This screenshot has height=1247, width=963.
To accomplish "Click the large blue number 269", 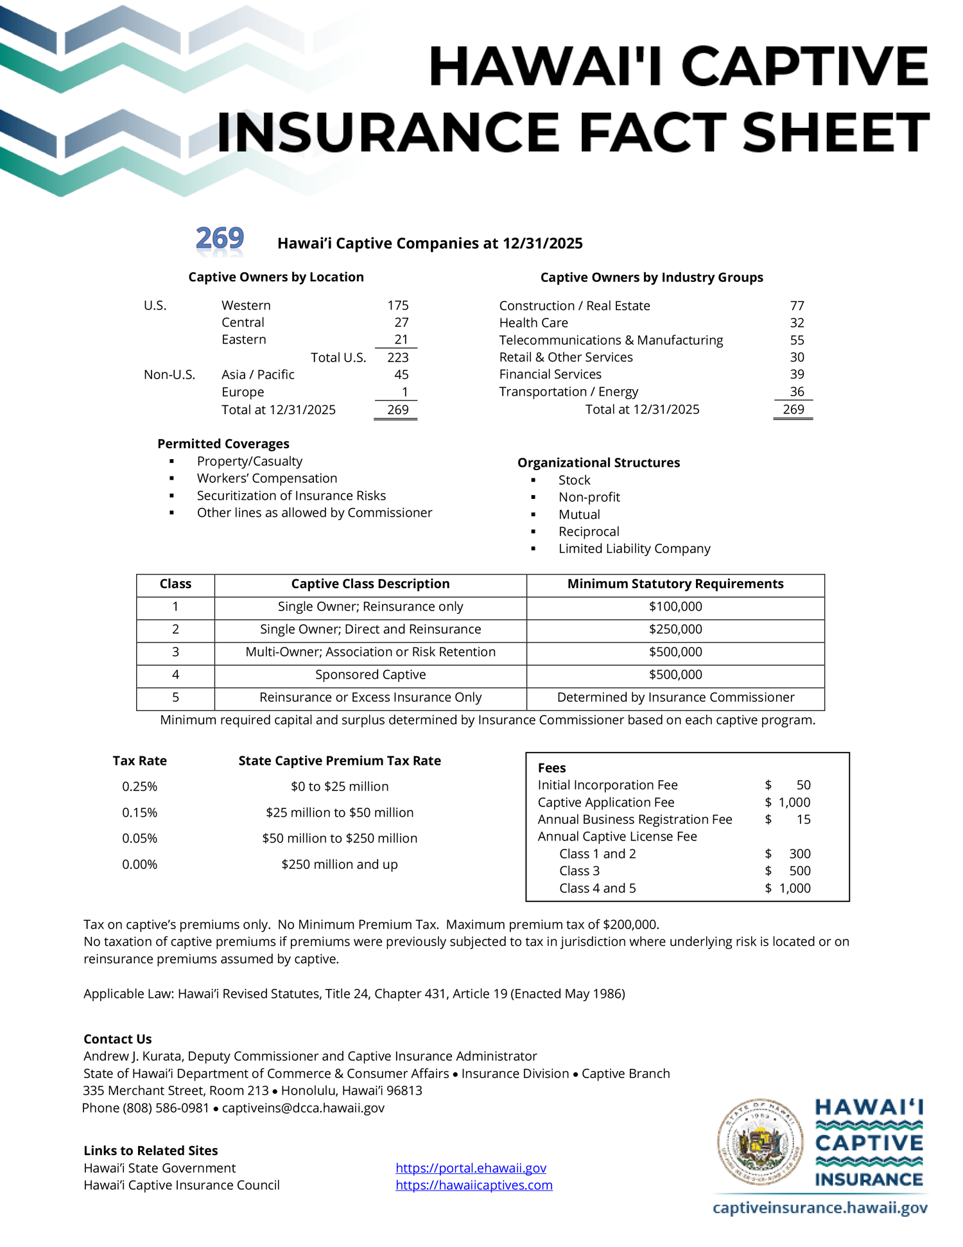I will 220,238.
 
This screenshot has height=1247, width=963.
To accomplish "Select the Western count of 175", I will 398,306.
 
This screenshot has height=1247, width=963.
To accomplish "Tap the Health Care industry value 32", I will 797,323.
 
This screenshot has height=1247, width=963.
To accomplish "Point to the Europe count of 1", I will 404,392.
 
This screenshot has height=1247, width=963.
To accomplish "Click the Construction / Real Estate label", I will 575,306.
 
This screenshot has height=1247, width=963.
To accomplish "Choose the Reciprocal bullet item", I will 589,532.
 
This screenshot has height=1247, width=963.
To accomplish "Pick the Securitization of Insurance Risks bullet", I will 291,496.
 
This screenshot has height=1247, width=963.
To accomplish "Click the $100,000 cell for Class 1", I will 675,607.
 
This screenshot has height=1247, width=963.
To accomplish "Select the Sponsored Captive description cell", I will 370,675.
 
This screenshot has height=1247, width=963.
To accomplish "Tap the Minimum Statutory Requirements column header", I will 675,584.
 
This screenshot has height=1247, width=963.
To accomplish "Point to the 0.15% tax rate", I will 140,813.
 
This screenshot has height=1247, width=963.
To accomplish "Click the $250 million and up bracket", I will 340,865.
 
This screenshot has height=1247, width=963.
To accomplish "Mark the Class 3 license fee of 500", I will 800,871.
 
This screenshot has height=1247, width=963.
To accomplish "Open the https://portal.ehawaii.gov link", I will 471,1168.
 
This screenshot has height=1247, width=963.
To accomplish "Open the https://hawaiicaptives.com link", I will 474,1185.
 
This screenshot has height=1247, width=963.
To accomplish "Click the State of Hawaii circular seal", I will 761,1142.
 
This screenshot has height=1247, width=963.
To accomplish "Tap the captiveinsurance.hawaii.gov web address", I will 820,1208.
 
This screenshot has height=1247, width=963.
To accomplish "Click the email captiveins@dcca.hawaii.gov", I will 303,1108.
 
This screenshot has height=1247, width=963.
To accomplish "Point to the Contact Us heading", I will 117,1040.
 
